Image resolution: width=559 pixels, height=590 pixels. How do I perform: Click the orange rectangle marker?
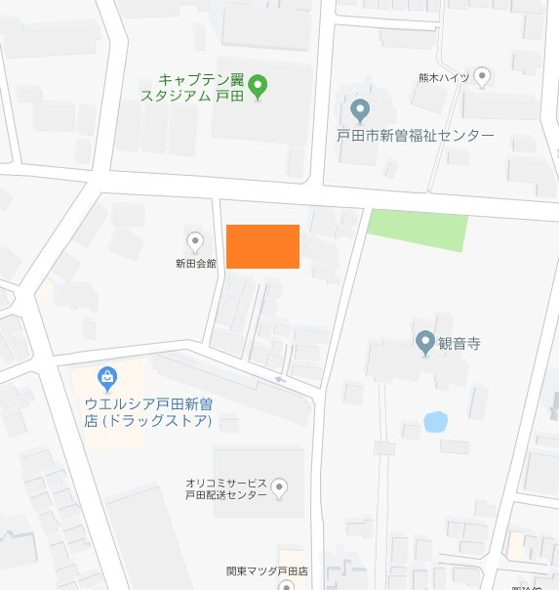(262, 246)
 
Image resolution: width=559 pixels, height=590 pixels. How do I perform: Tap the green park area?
(417, 230)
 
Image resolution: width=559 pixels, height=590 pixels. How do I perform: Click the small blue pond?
(435, 422)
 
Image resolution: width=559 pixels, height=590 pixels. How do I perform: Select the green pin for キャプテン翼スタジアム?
(258, 87)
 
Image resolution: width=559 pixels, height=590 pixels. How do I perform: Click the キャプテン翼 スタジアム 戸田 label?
(191, 87)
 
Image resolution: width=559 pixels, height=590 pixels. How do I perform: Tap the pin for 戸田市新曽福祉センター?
(359, 109)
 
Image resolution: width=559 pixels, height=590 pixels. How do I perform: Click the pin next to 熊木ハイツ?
(482, 76)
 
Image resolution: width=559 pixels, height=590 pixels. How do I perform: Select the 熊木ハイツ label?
(444, 77)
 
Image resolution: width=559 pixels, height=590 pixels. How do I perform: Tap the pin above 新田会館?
(194, 240)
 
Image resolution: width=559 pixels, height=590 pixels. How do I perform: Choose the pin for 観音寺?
(424, 343)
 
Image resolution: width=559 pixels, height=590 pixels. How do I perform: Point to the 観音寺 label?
(460, 344)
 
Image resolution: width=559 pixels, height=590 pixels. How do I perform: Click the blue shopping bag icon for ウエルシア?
(107, 376)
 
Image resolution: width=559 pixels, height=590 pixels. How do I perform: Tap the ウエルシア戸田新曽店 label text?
(147, 412)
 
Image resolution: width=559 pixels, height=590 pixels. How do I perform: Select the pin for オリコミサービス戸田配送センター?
(279, 487)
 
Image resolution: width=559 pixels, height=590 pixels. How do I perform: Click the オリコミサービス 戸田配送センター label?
(226, 489)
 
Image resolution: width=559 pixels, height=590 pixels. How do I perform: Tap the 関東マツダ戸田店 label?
(267, 570)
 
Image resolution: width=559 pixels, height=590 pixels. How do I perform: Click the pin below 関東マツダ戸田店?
(285, 586)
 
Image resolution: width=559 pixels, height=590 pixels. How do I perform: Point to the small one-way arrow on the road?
(281, 379)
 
